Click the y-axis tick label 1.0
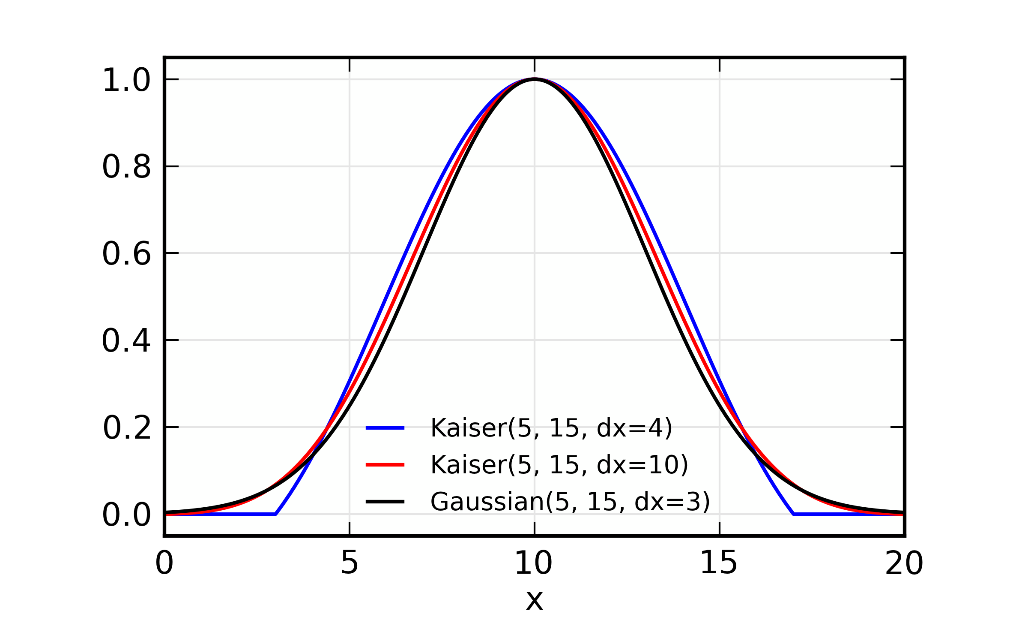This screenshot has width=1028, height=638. pos(126,80)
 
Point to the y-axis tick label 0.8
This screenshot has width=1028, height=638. pos(126,167)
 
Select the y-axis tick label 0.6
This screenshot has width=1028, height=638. pos(126,254)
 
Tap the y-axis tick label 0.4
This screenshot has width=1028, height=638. pos(126,341)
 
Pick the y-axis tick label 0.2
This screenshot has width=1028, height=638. pos(127,428)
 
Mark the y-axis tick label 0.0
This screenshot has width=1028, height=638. pos(126,515)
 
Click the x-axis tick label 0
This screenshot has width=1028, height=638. pos(164,563)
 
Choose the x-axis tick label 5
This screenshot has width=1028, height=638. pos(350,563)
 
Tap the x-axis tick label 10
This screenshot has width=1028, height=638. pos(534,563)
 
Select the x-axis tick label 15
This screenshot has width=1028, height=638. pos(719,563)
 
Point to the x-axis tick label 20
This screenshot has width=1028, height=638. pos(904,563)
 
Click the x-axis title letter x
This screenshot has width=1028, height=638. pos(534,600)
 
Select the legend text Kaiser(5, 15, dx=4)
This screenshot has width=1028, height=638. pos(551,428)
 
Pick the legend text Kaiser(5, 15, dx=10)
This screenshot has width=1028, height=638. pos(559,465)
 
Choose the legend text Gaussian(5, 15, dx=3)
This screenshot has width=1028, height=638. pos(570,502)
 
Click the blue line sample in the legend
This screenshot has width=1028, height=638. pos(385,428)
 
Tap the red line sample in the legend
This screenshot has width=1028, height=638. pos(385,465)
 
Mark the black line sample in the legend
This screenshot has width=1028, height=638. pos(385,502)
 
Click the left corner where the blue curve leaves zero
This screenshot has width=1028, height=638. pos(275,514)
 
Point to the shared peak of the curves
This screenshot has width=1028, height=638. pos(534,79)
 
